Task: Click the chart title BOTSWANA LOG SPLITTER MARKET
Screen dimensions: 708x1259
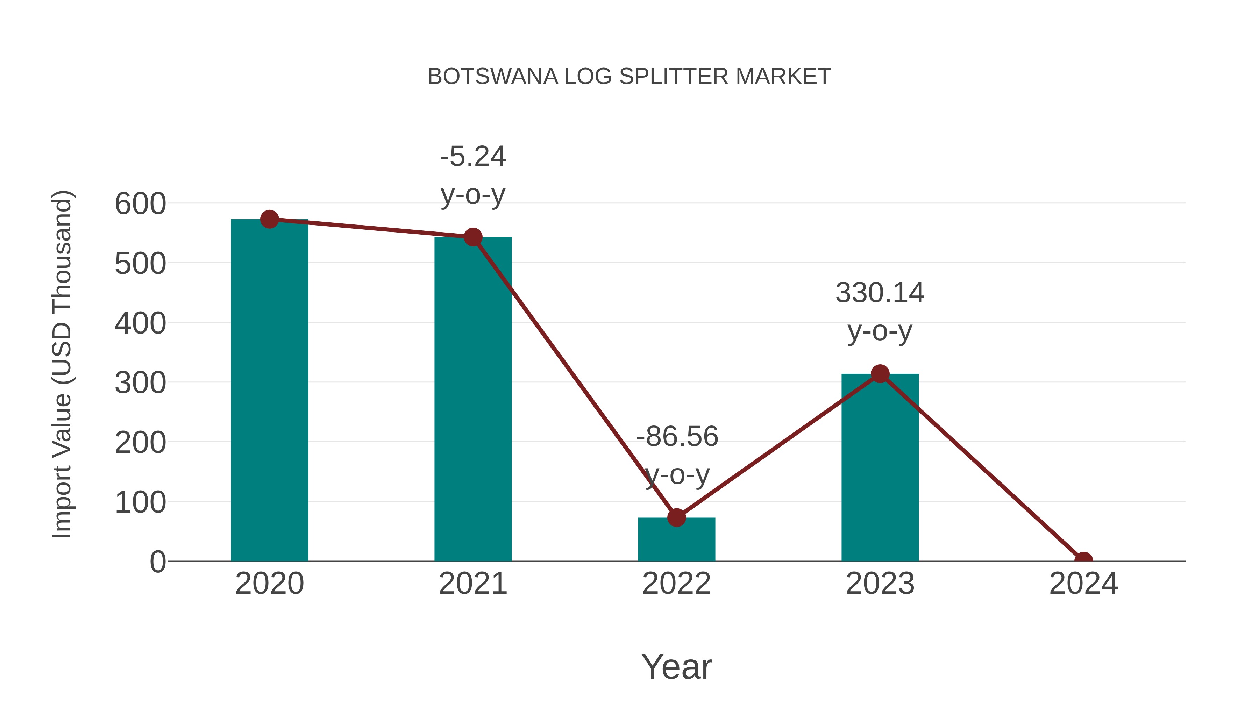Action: point(629,77)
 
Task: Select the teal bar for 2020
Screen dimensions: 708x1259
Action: point(269,391)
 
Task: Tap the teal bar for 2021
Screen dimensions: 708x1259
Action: point(472,401)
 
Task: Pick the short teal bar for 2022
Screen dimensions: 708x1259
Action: point(676,540)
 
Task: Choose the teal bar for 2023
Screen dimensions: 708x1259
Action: point(880,469)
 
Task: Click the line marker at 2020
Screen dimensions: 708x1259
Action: point(269,219)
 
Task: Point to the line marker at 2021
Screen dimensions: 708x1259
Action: point(472,237)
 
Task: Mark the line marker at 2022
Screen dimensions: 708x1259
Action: point(676,517)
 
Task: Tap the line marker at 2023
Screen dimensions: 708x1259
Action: point(880,374)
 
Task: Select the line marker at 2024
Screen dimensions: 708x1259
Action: point(1083,560)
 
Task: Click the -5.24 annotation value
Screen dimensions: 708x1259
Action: point(472,157)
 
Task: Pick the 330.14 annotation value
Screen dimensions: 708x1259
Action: point(880,293)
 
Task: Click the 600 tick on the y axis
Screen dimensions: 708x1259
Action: point(140,204)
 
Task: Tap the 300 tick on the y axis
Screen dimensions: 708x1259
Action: point(140,383)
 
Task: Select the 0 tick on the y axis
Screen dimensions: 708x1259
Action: point(158,562)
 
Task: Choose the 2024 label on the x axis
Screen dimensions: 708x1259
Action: point(1083,584)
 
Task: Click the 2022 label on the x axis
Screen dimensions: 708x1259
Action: point(676,584)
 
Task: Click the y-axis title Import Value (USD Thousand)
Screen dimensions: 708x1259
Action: point(63,364)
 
